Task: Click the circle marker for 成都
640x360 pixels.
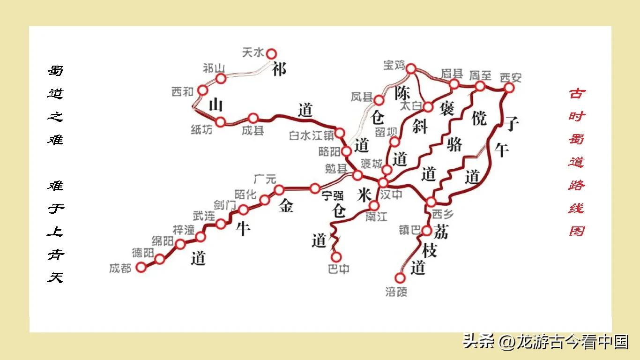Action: coord(141,267)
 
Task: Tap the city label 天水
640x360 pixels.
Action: coord(253,52)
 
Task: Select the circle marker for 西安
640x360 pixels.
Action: coord(509,88)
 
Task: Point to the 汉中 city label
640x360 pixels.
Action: coord(391,194)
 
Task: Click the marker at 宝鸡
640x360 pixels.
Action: coord(411,69)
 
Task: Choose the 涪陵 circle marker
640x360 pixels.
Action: coord(400,278)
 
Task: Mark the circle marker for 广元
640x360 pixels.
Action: coord(279,190)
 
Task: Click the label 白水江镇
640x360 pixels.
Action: coord(311,136)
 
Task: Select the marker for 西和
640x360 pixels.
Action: coord(202,90)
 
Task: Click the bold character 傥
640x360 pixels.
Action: coord(479,118)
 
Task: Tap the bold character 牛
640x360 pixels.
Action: coord(242,229)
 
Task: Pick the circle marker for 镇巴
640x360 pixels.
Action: coord(426,231)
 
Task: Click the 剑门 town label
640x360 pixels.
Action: coord(225,205)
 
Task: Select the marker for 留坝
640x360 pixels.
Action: coord(395,142)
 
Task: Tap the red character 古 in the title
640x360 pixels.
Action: coord(577,93)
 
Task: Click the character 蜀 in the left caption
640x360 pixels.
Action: coord(55,71)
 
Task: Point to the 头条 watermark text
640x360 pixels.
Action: coord(478,341)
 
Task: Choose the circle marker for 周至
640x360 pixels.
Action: coord(480,86)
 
